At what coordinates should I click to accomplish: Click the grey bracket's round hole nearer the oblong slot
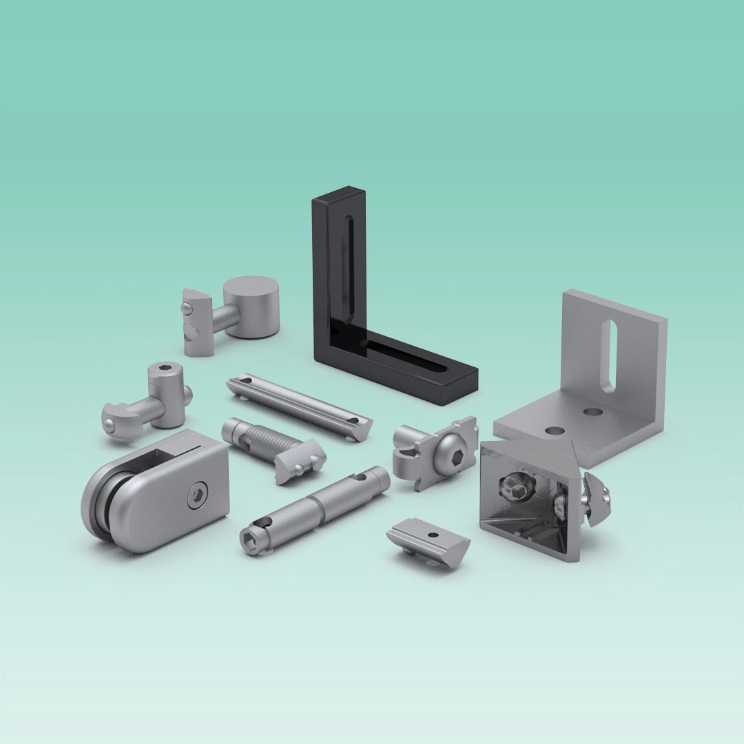pos(590,412)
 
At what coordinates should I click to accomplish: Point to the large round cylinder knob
pos(252,306)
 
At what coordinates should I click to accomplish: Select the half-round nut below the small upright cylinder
pos(117,420)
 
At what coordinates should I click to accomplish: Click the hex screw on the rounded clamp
pos(196,493)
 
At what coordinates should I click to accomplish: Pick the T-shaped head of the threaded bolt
pos(300,461)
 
